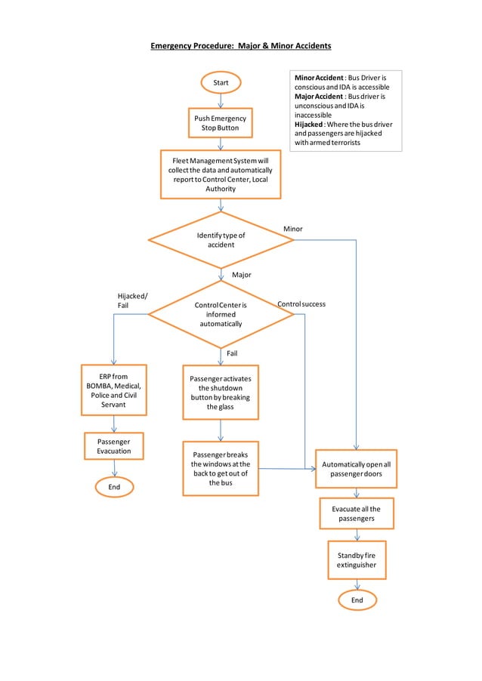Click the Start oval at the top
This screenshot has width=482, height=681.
click(221, 82)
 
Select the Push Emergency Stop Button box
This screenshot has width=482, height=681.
click(220, 123)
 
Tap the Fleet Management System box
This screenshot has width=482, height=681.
click(221, 174)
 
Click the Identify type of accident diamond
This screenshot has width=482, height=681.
click(221, 240)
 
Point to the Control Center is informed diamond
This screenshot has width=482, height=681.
click(221, 314)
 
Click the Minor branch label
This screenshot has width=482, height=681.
click(292, 228)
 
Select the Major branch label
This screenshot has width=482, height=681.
click(241, 275)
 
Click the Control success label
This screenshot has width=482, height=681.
click(301, 304)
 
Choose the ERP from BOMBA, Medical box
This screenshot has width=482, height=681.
click(113, 390)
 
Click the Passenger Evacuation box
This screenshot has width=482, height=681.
click(113, 445)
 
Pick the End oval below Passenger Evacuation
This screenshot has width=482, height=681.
click(114, 487)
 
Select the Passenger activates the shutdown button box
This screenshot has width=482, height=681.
click(221, 393)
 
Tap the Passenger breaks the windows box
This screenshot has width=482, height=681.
click(221, 468)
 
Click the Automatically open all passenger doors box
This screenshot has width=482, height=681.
click(356, 469)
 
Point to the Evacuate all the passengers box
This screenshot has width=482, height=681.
click(357, 514)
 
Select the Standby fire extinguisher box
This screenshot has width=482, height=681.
click(357, 560)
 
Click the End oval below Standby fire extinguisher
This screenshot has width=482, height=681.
click(357, 600)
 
